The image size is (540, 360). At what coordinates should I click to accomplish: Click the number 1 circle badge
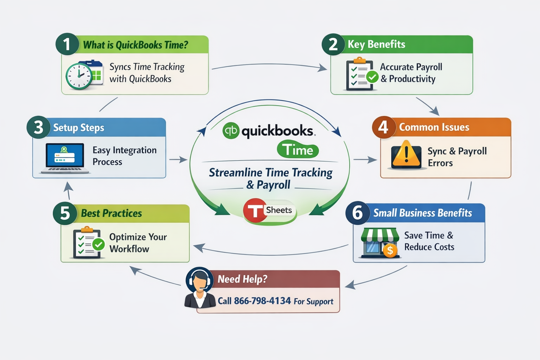[x=67, y=44]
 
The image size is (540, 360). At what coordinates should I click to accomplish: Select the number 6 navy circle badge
[x=357, y=213]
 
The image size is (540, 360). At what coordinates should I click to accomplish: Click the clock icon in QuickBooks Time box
[x=79, y=76]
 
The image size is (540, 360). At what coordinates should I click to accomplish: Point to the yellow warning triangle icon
[x=406, y=155]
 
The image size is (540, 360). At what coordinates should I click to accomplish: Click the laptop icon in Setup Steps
[x=65, y=158]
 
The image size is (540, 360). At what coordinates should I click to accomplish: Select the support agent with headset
[x=199, y=288]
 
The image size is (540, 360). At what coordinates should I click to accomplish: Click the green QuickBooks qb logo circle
[x=231, y=131]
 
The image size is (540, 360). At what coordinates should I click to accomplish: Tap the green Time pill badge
[x=298, y=150]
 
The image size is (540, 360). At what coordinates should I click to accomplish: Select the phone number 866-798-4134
[x=262, y=301]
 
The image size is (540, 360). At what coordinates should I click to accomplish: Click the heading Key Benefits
[x=376, y=44]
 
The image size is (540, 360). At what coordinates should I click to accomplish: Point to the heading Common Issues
[x=434, y=127]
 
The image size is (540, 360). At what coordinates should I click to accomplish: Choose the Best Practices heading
[x=111, y=213]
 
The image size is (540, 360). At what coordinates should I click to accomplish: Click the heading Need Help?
[x=242, y=279]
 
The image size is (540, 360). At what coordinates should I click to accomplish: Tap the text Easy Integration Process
[x=124, y=156]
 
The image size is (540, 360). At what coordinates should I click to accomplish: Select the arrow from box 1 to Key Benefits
[x=269, y=65]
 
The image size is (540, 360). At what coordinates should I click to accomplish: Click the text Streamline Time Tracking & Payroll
[x=270, y=178]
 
